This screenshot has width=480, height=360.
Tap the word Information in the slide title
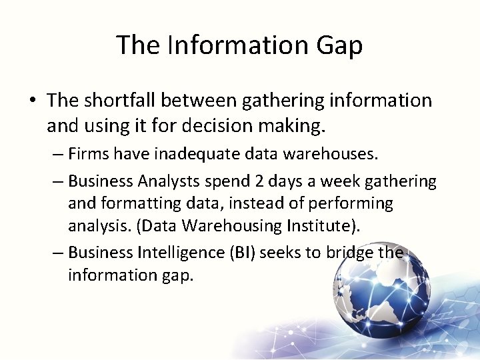(231, 45)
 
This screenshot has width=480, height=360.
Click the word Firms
(89, 155)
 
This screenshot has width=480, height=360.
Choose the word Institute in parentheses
(319, 226)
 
